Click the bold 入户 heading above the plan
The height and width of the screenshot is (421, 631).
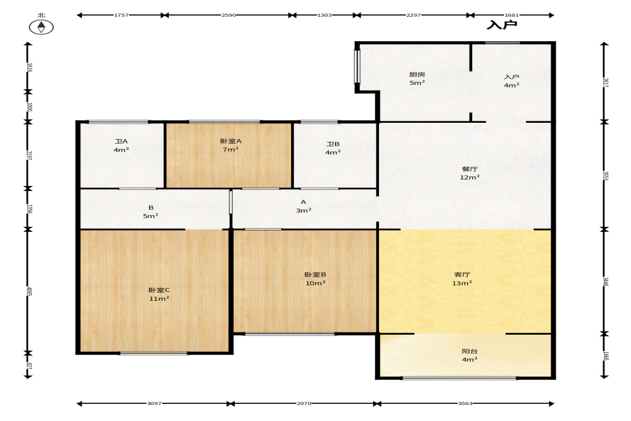[501, 25]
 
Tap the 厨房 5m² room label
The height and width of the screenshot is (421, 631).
[417, 78]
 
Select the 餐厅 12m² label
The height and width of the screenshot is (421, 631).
[470, 173]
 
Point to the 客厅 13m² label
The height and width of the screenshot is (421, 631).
[462, 278]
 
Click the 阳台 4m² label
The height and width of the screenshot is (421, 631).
[470, 355]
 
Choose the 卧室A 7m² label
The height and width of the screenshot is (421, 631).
[231, 145]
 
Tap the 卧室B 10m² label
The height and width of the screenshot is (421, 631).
[315, 278]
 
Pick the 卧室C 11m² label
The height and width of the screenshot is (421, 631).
[159, 294]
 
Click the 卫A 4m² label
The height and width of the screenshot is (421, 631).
[121, 146]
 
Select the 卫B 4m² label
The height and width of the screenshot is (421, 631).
[333, 148]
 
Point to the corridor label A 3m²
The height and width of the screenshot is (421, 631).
[303, 206]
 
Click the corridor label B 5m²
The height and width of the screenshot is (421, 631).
[151, 212]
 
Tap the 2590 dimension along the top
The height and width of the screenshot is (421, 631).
[228, 16]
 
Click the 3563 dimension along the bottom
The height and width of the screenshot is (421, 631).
[465, 403]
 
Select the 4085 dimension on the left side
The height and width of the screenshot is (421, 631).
[28, 291]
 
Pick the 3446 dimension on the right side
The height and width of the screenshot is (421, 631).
[605, 282]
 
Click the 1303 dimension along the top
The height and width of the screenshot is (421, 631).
[324, 16]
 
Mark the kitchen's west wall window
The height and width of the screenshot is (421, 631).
[357, 67]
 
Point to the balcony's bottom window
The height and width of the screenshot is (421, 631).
[459, 378]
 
